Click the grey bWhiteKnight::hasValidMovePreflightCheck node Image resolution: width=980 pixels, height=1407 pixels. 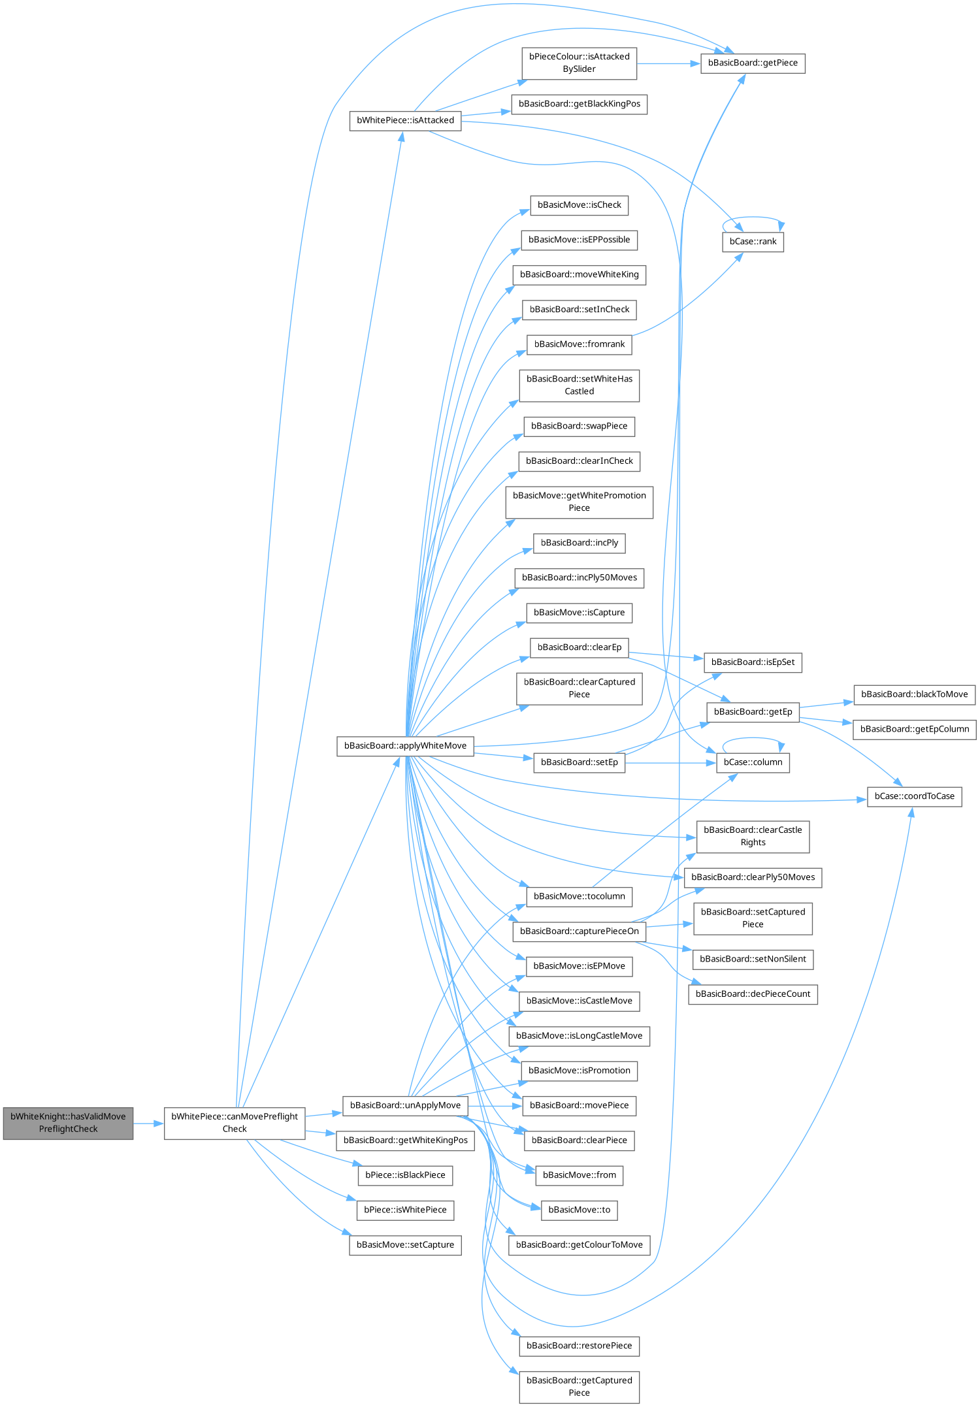(68, 1123)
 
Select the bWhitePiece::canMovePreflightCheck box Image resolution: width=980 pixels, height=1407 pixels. (234, 1123)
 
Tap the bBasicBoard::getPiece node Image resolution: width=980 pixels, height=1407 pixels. (753, 63)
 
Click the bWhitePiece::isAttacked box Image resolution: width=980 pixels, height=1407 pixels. (405, 121)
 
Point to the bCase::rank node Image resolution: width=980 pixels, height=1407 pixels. (753, 242)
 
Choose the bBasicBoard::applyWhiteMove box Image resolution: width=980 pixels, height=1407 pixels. (405, 746)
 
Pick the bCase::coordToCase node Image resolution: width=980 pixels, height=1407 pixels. (914, 796)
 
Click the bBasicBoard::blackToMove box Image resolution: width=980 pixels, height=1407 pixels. (914, 694)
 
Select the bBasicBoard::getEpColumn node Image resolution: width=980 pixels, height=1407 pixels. (914, 729)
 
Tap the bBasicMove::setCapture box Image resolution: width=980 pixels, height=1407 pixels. (405, 1245)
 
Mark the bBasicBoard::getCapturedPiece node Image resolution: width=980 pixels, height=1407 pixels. (579, 1386)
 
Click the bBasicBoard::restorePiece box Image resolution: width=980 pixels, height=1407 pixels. (579, 1346)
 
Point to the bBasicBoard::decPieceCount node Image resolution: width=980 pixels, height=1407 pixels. (753, 994)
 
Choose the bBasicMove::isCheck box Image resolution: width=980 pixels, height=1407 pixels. (579, 205)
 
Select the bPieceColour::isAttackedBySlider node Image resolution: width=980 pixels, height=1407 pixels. (579, 63)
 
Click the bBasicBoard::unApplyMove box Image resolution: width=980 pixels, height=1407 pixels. (405, 1105)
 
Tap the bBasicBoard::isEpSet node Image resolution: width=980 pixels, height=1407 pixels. (753, 662)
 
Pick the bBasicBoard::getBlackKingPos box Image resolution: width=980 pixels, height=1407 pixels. (579, 105)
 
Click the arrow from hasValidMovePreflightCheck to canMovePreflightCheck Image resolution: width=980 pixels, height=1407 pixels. (149, 1124)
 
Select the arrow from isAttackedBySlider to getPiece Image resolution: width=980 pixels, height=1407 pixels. (668, 64)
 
